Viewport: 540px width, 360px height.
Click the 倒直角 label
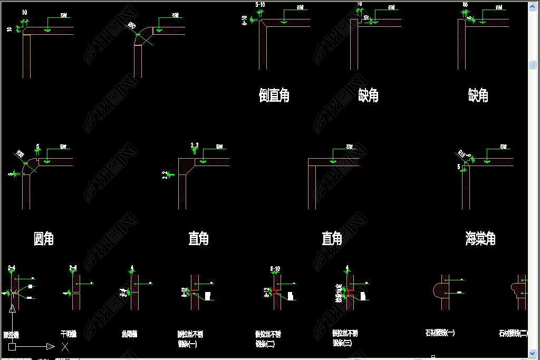(x=274, y=95)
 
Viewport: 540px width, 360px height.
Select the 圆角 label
(x=43, y=239)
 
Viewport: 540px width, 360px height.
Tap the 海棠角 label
(x=480, y=239)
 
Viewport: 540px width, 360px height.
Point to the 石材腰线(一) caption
(x=440, y=333)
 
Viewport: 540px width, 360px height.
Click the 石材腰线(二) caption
(x=513, y=333)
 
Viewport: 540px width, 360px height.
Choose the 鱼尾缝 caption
(x=129, y=334)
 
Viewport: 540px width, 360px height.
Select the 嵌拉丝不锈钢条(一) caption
(x=190, y=339)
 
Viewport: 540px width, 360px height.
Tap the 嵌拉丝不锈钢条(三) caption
(x=345, y=338)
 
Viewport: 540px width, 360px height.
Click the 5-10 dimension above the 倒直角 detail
(x=260, y=5)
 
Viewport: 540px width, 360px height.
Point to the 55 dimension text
(x=465, y=5)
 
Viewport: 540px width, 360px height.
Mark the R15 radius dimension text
(x=462, y=154)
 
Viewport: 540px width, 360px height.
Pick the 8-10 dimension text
(x=275, y=269)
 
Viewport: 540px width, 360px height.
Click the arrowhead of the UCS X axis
(x=51, y=346)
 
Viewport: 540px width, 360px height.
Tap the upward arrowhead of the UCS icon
(x=12, y=308)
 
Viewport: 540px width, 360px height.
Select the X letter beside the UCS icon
(x=65, y=346)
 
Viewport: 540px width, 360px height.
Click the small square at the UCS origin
(x=12, y=346)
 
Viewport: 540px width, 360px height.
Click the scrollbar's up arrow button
(x=533, y=6)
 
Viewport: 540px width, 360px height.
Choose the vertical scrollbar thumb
(x=533, y=64)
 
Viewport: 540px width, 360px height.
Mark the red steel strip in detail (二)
(x=275, y=291)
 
